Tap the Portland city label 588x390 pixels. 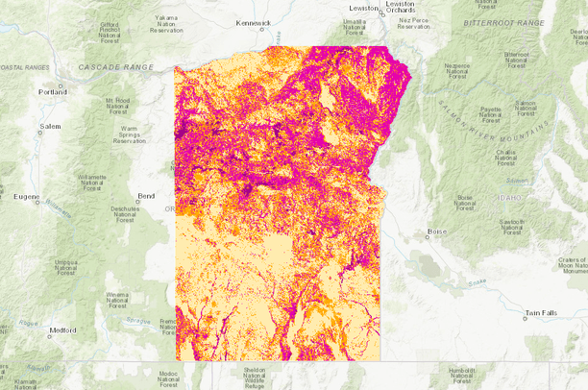[x=53, y=92]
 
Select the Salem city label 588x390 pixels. [x=51, y=126]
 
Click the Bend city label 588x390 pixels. [x=146, y=196]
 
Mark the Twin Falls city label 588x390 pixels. [x=540, y=313]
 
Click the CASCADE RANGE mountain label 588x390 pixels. [x=115, y=67]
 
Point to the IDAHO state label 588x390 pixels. [x=509, y=198]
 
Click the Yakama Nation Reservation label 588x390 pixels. [x=166, y=24]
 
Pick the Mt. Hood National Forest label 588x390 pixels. [x=117, y=108]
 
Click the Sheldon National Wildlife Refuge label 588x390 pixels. [x=255, y=378]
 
